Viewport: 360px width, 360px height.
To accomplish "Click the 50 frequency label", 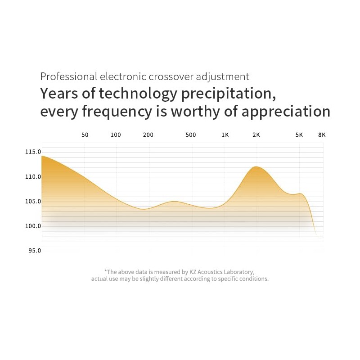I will pos(85,135).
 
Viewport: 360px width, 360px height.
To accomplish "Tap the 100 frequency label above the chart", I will pos(116,135).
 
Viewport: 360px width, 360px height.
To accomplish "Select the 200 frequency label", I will pos(148,135).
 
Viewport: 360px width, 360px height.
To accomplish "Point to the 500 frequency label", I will pos(190,135).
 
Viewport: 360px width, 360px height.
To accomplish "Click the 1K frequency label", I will pos(225,135).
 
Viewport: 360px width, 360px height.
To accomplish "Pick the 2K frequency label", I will pos(256,135).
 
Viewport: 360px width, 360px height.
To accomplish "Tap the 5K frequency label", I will pos(299,135).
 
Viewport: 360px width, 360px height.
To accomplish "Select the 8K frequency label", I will pos(322,135).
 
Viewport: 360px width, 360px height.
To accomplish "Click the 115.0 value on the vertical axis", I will pos(33,152).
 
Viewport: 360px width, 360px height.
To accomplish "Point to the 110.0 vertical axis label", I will pos(33,177).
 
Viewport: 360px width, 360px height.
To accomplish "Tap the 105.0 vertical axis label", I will pos(33,202).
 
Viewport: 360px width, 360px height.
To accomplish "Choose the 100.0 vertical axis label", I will pos(33,226).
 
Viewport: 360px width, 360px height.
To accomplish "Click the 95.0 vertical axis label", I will pos(34,251).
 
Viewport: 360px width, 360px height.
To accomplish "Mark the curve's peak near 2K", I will pos(256,167).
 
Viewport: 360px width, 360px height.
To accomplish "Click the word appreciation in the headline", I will pos(286,112).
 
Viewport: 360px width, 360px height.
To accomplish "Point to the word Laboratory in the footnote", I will pos(239,272).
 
